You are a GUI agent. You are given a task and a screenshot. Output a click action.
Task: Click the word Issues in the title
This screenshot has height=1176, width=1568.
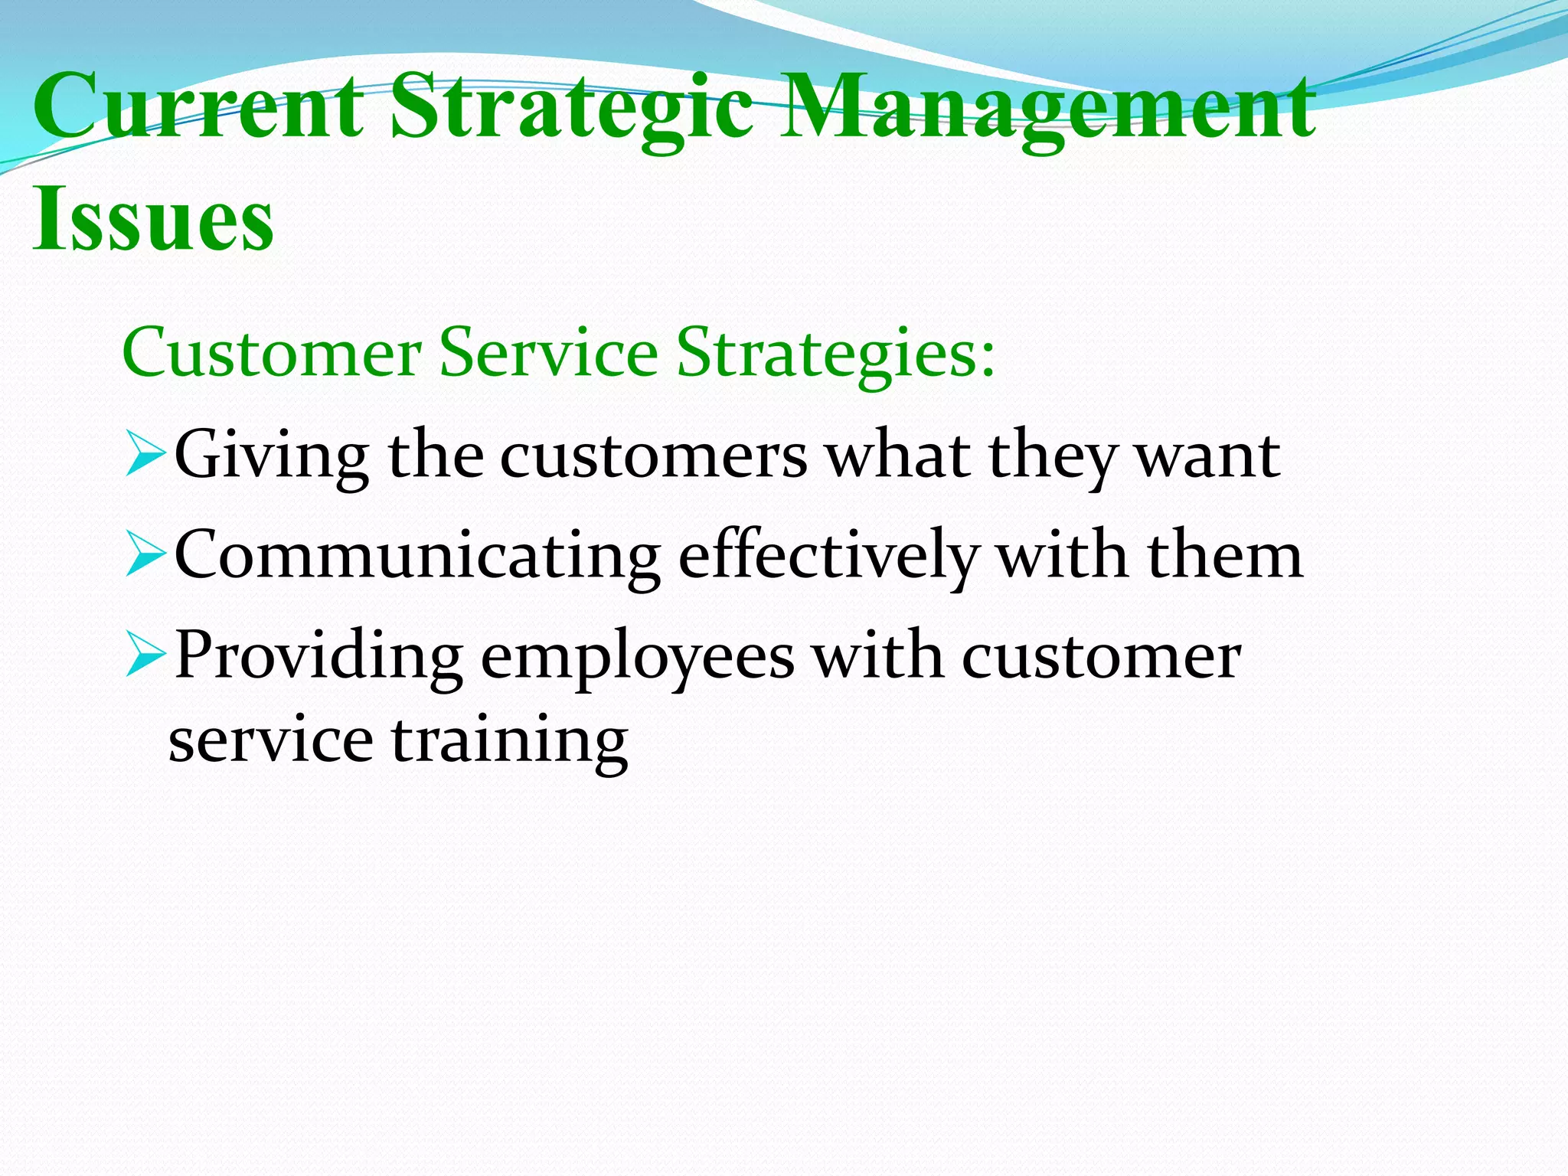153,219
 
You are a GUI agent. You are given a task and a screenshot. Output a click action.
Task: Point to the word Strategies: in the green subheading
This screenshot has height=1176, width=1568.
835,354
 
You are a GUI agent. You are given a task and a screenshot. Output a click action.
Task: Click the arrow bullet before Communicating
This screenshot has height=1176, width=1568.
145,556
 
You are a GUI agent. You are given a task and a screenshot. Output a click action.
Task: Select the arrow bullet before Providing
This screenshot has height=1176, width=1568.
145,656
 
